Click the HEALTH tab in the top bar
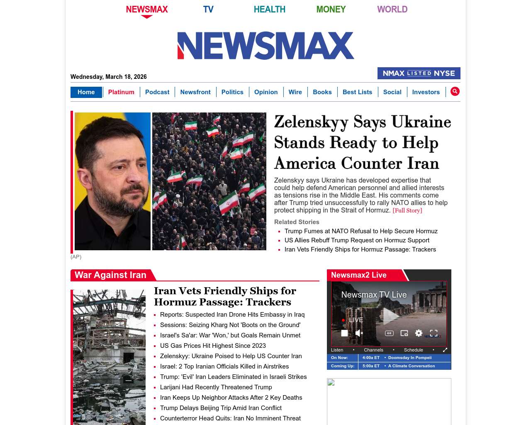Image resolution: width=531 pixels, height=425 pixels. pos(269,9)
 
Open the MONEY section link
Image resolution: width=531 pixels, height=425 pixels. pos(331,9)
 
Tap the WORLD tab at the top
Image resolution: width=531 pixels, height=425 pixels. pos(392,9)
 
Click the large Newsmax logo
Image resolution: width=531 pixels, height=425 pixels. pos(265,46)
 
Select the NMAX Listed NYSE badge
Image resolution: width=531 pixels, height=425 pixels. pos(419,73)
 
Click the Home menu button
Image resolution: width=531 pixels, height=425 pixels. pos(86,92)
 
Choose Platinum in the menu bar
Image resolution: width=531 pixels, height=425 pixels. pos(121,92)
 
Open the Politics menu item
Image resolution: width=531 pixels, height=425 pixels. pos(232,92)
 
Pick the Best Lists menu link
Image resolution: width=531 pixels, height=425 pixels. pos(357,92)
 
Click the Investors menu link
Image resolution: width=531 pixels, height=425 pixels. pos(426,92)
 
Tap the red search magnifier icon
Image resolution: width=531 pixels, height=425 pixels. pos(455,91)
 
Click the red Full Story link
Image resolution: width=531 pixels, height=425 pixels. pos(407,210)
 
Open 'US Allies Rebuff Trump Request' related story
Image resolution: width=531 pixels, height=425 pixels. pos(357,240)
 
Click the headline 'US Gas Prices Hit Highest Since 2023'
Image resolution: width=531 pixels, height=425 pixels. pos(213,346)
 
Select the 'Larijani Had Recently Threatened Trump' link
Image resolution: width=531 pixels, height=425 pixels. pos(216,387)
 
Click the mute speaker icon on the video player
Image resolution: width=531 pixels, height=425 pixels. pos(359,333)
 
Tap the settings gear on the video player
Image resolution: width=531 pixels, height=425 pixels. pos(419,333)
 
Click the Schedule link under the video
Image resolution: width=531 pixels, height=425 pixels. pos(413,350)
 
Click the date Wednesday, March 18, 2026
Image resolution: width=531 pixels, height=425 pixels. pos(109,77)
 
